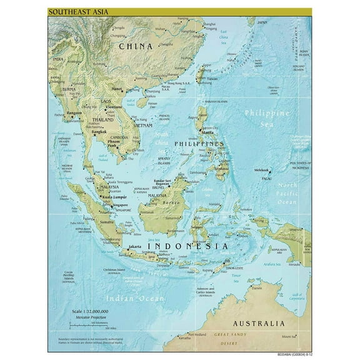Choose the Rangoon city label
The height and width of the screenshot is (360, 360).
[x=76, y=112]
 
